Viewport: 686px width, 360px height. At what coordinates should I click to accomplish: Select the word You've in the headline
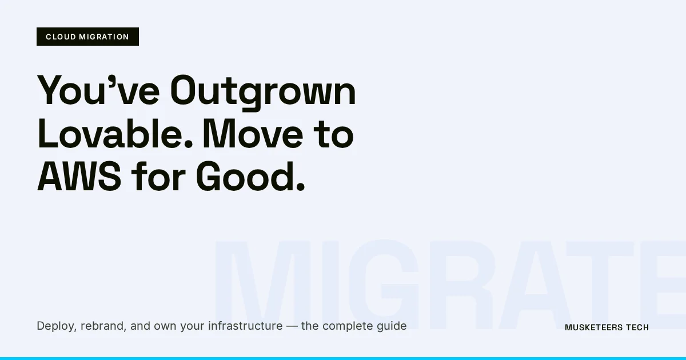97,91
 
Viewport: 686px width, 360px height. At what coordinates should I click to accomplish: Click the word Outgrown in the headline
264,91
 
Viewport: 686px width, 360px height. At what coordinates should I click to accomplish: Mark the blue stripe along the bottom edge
343,358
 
